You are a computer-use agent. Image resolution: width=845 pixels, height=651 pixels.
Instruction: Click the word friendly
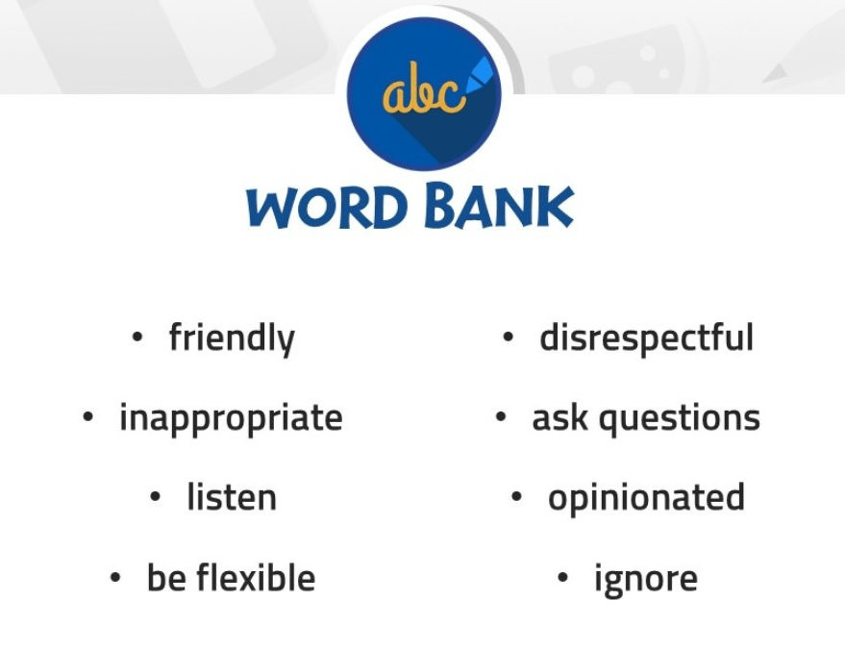pos(232,338)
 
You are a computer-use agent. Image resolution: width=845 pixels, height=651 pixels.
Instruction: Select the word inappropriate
pos(231,418)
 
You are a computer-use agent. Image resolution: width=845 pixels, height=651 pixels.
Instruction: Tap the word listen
pos(232,497)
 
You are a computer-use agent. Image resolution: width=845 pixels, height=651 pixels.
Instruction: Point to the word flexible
pos(256,577)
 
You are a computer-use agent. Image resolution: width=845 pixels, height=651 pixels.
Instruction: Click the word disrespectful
pos(646,338)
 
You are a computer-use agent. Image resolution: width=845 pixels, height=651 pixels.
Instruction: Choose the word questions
pos(680,419)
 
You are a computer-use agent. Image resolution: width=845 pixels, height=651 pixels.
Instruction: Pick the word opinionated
pos(646,498)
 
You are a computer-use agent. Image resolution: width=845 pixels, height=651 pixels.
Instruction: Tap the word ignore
pos(646,580)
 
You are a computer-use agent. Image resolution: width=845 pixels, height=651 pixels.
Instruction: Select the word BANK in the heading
pos(499,205)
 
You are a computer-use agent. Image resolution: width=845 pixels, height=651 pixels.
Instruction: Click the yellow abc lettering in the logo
pos(423,88)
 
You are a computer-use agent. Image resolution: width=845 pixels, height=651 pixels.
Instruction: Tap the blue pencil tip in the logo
pos(480,76)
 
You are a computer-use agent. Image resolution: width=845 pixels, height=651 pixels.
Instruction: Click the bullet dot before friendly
pos(137,337)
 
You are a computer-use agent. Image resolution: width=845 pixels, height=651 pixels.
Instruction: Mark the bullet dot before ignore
pos(562,578)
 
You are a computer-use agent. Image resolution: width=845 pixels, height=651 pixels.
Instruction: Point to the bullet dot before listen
pos(155,496)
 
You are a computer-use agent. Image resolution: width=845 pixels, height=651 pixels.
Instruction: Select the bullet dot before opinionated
pos(516,496)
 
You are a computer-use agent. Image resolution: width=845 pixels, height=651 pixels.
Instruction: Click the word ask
pos(559,417)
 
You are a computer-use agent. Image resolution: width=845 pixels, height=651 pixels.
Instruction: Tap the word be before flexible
pos(167,577)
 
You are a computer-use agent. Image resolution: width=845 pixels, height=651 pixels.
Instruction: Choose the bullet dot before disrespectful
pos(508,337)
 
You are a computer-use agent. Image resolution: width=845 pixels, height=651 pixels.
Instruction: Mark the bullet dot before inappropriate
pos(87,416)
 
